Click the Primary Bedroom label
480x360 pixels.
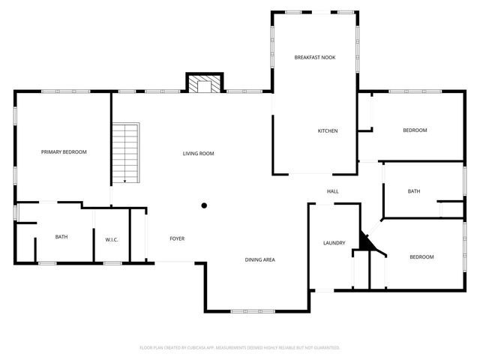pyautogui.click(x=64, y=152)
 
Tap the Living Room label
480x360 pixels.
pyautogui.click(x=199, y=154)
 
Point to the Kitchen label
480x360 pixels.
pyautogui.click(x=328, y=131)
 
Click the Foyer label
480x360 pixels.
pyautogui.click(x=177, y=238)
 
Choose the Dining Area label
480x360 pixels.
pyautogui.click(x=260, y=259)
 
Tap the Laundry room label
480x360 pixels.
pyautogui.click(x=334, y=243)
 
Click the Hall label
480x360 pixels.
pyautogui.click(x=333, y=192)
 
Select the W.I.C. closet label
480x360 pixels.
pyautogui.click(x=112, y=239)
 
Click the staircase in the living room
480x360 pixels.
pyautogui.click(x=127, y=154)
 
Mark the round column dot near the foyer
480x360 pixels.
pyautogui.click(x=203, y=204)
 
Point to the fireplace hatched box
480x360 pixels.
pyautogui.click(x=203, y=85)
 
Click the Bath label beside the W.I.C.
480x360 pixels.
pyautogui.click(x=61, y=237)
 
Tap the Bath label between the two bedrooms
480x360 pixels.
pyautogui.click(x=414, y=191)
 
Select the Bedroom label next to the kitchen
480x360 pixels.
pyautogui.click(x=415, y=130)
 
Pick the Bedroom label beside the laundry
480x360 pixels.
pyautogui.click(x=421, y=257)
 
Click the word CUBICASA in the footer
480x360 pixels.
pyautogui.click(x=208, y=348)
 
